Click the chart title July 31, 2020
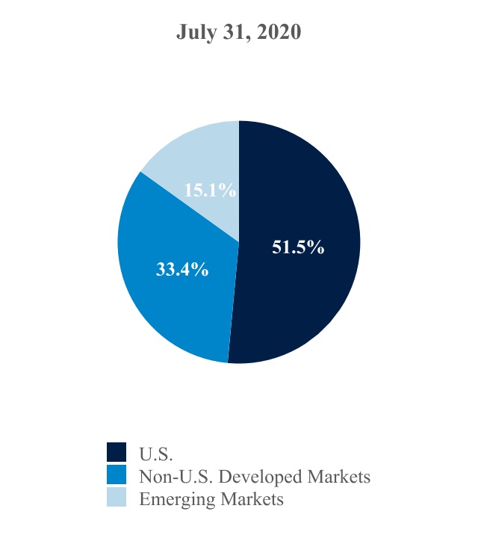point(239,33)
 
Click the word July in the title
point(194,33)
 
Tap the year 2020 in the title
point(279,33)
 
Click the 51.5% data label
point(298,247)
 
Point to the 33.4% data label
point(181,270)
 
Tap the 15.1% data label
point(210,191)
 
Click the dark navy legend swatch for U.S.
point(117,452)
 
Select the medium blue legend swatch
point(117,475)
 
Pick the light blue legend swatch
point(117,498)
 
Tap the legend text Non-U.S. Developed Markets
point(255,476)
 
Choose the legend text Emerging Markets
point(211,499)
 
